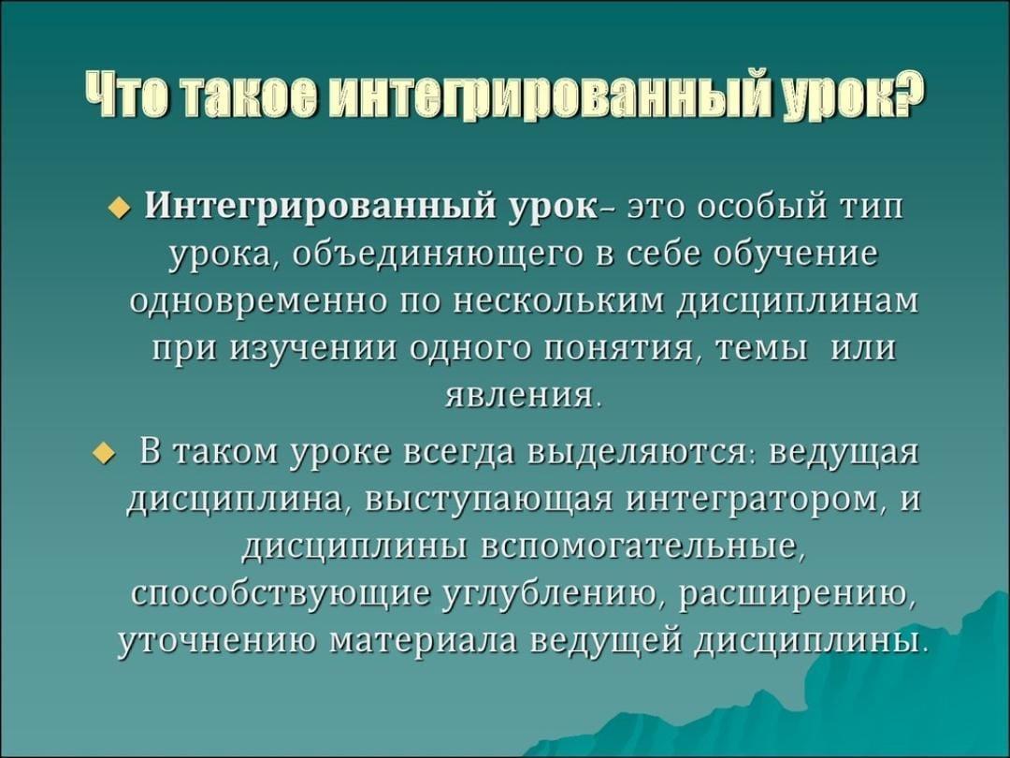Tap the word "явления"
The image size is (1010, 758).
(518, 395)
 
